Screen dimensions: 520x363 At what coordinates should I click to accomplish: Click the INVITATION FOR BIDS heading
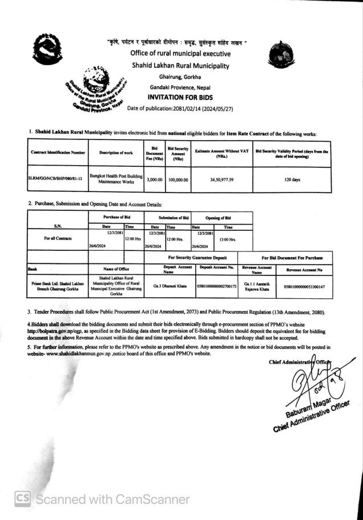(x=180, y=97)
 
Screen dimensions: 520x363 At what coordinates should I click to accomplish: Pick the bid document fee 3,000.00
(x=154, y=179)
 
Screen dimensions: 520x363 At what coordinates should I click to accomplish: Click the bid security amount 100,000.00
(x=178, y=179)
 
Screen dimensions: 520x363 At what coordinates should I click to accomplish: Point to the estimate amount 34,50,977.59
(x=221, y=179)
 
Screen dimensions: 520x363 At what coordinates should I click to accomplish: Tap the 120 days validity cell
(x=292, y=179)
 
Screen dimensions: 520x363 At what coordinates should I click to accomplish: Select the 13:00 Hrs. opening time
(x=225, y=239)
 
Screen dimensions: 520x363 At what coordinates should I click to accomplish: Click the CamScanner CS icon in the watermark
(x=23, y=498)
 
